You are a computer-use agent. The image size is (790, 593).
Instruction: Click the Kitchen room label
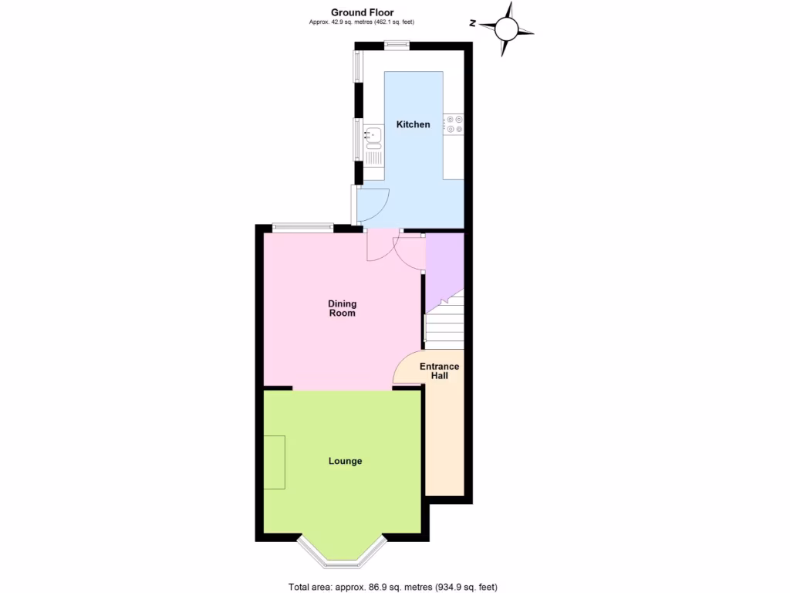click(413, 124)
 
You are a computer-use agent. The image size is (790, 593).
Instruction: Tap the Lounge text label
click(345, 461)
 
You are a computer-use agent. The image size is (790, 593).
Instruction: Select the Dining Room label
click(343, 308)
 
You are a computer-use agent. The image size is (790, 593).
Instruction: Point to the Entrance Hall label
click(440, 371)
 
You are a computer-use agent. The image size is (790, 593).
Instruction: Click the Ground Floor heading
click(362, 12)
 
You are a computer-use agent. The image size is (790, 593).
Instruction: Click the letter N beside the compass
click(473, 22)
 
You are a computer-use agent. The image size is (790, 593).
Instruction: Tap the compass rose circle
click(506, 29)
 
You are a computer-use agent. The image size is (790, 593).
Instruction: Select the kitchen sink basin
click(373, 136)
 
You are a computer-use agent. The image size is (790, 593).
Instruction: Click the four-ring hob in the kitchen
click(454, 124)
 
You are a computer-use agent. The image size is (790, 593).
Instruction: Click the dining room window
click(302, 227)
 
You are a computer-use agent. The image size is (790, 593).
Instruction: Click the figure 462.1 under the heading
click(385, 22)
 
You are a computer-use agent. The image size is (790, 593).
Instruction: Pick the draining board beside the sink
click(374, 155)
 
